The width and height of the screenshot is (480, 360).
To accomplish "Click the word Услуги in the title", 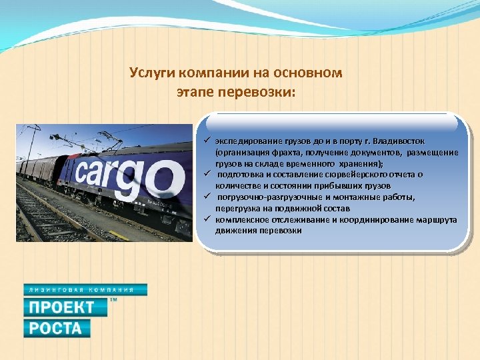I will tap(151, 73).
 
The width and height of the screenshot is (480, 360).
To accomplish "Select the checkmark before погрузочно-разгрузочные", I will tap(208, 197).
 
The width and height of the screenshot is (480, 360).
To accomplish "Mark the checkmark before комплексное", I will tap(208, 219).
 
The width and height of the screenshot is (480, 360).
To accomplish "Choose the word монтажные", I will tap(361, 197).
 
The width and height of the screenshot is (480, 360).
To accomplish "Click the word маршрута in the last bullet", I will tap(436, 219).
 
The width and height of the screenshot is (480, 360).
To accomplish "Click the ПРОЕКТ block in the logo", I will tap(65, 307).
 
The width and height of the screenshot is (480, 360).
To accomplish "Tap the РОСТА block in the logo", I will tap(57, 328).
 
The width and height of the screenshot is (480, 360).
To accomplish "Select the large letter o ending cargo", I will tap(164, 181).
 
